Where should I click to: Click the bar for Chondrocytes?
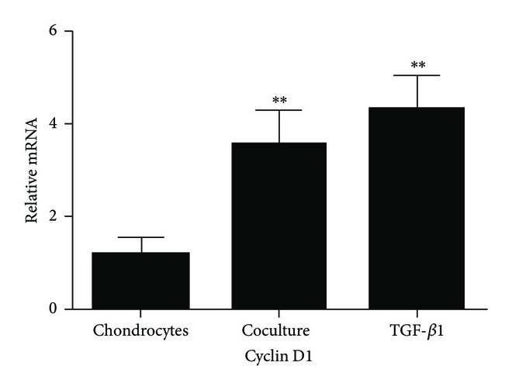[140, 281]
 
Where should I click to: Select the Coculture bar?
[278, 226]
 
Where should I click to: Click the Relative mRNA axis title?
[32, 169]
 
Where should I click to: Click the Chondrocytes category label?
[140, 330]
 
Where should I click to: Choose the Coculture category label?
[278, 330]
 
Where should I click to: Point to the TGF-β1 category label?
[417, 330]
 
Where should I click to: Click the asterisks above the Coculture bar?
[278, 100]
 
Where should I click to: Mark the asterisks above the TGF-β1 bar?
[417, 65]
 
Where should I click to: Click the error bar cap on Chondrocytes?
[140, 237]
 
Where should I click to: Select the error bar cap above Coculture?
[278, 110]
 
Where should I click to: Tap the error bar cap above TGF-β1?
[417, 75]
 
